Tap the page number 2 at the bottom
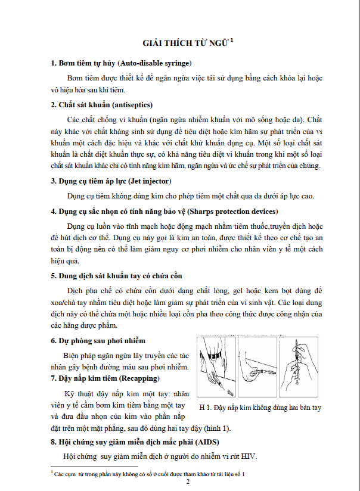[x=187, y=481]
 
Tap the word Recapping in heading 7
[x=139, y=378]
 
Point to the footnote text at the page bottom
[x=149, y=473]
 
